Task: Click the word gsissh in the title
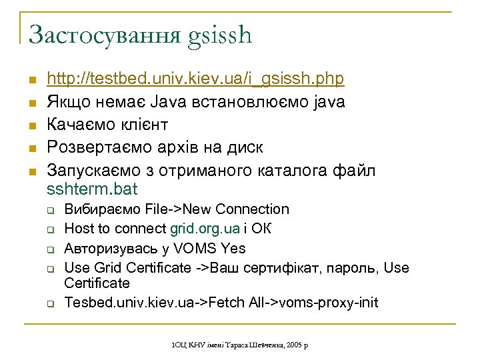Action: point(221,35)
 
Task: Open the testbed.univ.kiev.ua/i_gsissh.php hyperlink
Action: point(195,79)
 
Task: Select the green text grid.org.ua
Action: point(205,229)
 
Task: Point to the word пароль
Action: point(347,268)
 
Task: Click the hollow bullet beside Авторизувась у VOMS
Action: point(51,249)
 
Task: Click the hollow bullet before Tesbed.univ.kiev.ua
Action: point(51,303)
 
